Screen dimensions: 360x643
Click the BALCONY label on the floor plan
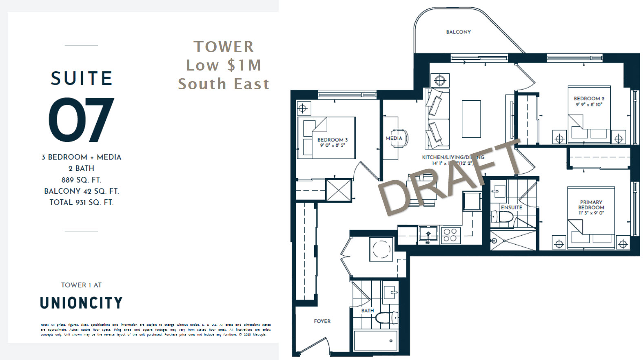(x=458, y=32)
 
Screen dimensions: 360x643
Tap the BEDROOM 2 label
(x=589, y=99)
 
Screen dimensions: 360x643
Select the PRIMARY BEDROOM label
(x=591, y=205)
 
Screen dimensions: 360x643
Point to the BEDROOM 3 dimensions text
(x=333, y=145)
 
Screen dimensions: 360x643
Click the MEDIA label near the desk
(x=394, y=138)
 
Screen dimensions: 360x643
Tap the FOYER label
(x=322, y=321)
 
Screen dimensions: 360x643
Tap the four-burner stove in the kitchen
(x=450, y=235)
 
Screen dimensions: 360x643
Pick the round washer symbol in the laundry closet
(x=381, y=249)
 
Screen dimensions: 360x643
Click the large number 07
(x=81, y=120)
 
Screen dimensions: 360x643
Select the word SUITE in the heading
(x=81, y=78)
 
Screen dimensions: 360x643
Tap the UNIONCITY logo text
(x=81, y=303)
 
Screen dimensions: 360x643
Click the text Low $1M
(x=223, y=65)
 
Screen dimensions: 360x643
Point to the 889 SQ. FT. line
(x=81, y=180)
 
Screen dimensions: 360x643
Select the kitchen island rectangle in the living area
(x=471, y=119)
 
